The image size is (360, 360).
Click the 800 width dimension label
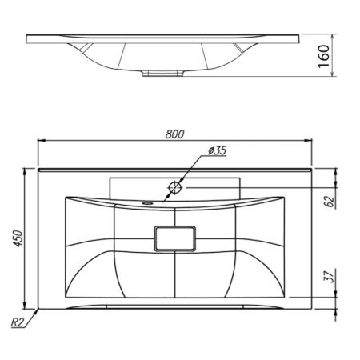tap(174, 134)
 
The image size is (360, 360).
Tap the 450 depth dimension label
tap(19, 238)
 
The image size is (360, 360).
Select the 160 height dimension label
tap(324, 56)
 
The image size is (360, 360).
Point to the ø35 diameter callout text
tap(218, 151)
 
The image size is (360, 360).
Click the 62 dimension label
tap(329, 201)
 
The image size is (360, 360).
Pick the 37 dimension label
tap(329, 276)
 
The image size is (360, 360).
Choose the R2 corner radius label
tap(18, 322)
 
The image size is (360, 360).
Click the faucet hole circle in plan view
tap(175, 187)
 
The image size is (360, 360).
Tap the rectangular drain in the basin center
tap(174, 238)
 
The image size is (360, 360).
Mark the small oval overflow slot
tap(147, 203)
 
